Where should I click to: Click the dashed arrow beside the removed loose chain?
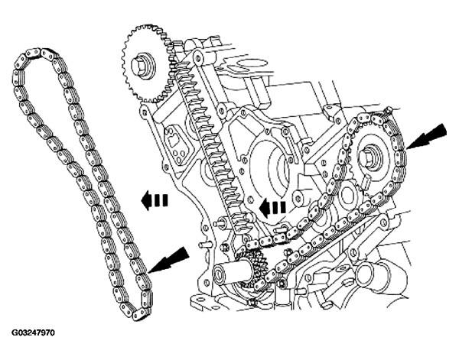[x=155, y=202]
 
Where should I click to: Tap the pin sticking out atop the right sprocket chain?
[x=389, y=112]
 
